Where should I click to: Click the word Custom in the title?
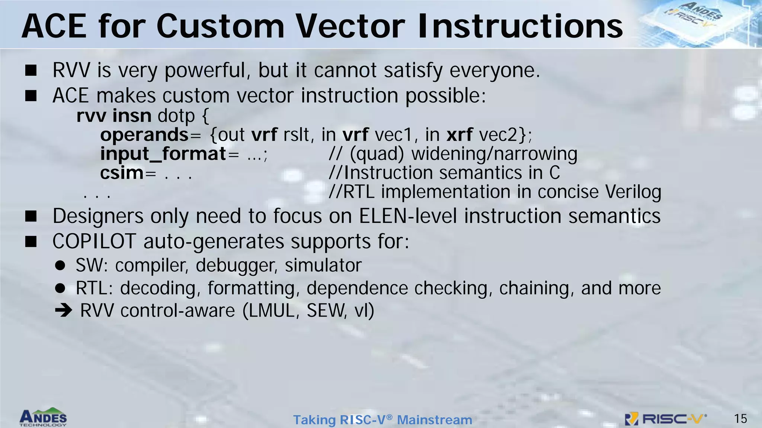(x=220, y=27)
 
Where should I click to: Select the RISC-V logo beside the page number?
(x=666, y=419)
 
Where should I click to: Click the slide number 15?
(x=740, y=419)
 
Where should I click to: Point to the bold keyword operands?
(x=144, y=134)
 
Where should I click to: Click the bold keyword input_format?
(x=163, y=154)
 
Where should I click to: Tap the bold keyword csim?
(x=122, y=173)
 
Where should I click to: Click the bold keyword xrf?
(x=460, y=134)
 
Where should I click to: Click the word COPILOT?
(x=94, y=241)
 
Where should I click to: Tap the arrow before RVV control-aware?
(x=63, y=311)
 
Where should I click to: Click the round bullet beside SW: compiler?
(x=60, y=266)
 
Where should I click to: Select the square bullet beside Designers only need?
(x=31, y=216)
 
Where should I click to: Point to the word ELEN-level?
(x=408, y=216)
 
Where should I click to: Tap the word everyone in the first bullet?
(x=494, y=71)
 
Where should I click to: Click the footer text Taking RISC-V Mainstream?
(x=382, y=420)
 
